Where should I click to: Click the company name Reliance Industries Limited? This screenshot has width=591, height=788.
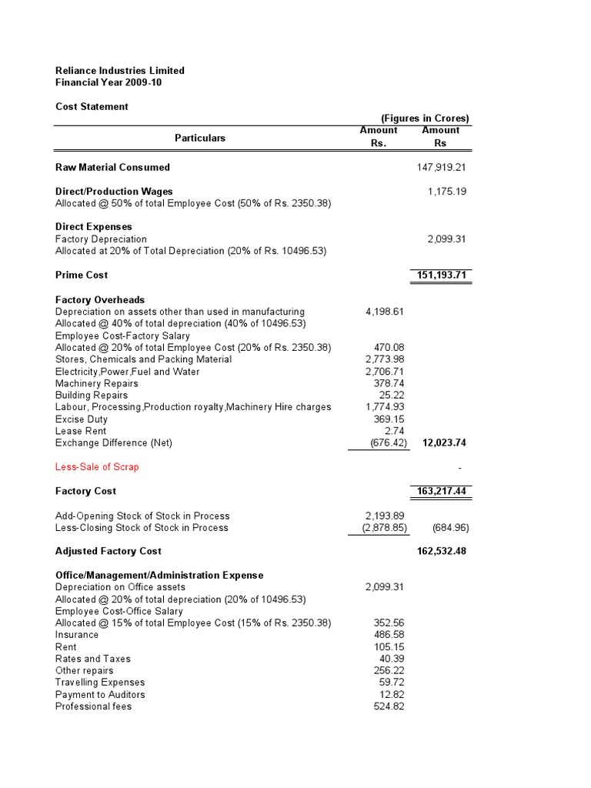click(120, 71)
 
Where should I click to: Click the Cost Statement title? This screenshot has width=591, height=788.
click(92, 107)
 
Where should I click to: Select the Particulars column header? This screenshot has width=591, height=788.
click(200, 138)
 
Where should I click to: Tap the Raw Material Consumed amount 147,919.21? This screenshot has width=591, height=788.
click(437, 167)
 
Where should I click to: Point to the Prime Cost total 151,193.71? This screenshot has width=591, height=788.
click(439, 275)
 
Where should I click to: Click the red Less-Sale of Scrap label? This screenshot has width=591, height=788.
click(97, 467)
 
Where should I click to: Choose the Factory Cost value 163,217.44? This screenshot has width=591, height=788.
click(439, 491)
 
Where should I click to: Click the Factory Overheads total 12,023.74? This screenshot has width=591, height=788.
click(445, 443)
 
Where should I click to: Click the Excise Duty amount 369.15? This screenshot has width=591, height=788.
click(389, 419)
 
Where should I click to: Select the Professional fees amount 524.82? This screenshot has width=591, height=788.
click(389, 706)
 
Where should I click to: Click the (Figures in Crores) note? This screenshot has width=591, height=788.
click(425, 119)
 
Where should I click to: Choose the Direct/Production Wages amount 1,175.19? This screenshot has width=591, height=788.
click(447, 191)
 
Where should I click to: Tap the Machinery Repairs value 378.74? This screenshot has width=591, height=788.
click(389, 383)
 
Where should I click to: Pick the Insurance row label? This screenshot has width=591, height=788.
click(77, 635)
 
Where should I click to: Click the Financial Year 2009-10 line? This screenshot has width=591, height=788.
click(109, 82)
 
